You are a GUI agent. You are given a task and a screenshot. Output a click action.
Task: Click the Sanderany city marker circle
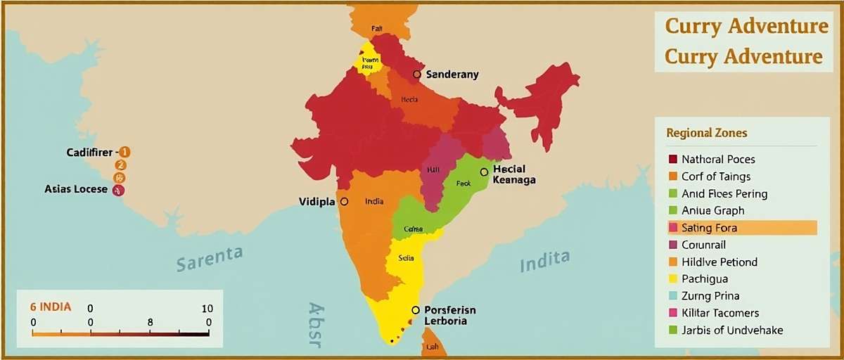pyautogui.click(x=417, y=74)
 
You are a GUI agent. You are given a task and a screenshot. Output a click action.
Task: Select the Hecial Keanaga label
pyautogui.click(x=514, y=174)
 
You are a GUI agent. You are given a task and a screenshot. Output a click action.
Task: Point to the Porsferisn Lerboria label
pyautogui.click(x=450, y=315)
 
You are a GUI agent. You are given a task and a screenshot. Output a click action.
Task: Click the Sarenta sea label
pyautogui.click(x=210, y=258)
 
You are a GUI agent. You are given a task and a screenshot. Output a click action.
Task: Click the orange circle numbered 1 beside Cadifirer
pyautogui.click(x=124, y=152)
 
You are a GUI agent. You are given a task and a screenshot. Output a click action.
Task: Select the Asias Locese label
pyautogui.click(x=76, y=189)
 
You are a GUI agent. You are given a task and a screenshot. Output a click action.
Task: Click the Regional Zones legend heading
pyautogui.click(x=706, y=133)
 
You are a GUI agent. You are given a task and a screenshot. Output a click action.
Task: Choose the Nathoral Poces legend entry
pyautogui.click(x=717, y=160)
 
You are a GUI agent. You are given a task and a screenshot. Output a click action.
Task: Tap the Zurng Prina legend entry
pyautogui.click(x=710, y=296)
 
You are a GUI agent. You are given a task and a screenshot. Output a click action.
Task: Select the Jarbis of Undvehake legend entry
pyautogui.click(x=731, y=330)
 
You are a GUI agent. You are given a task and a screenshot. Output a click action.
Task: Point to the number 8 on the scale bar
pyautogui.click(x=150, y=321)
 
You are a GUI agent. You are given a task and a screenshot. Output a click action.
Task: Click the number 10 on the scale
pyautogui.click(x=207, y=309)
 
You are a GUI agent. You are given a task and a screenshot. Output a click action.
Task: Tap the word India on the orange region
pyautogui.click(x=374, y=201)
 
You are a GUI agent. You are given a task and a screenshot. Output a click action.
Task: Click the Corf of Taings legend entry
pyautogui.click(x=715, y=176)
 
